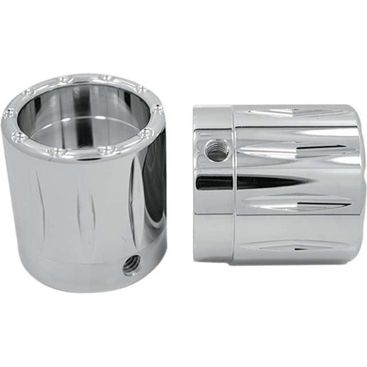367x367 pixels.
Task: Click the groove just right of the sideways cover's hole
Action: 270,152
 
